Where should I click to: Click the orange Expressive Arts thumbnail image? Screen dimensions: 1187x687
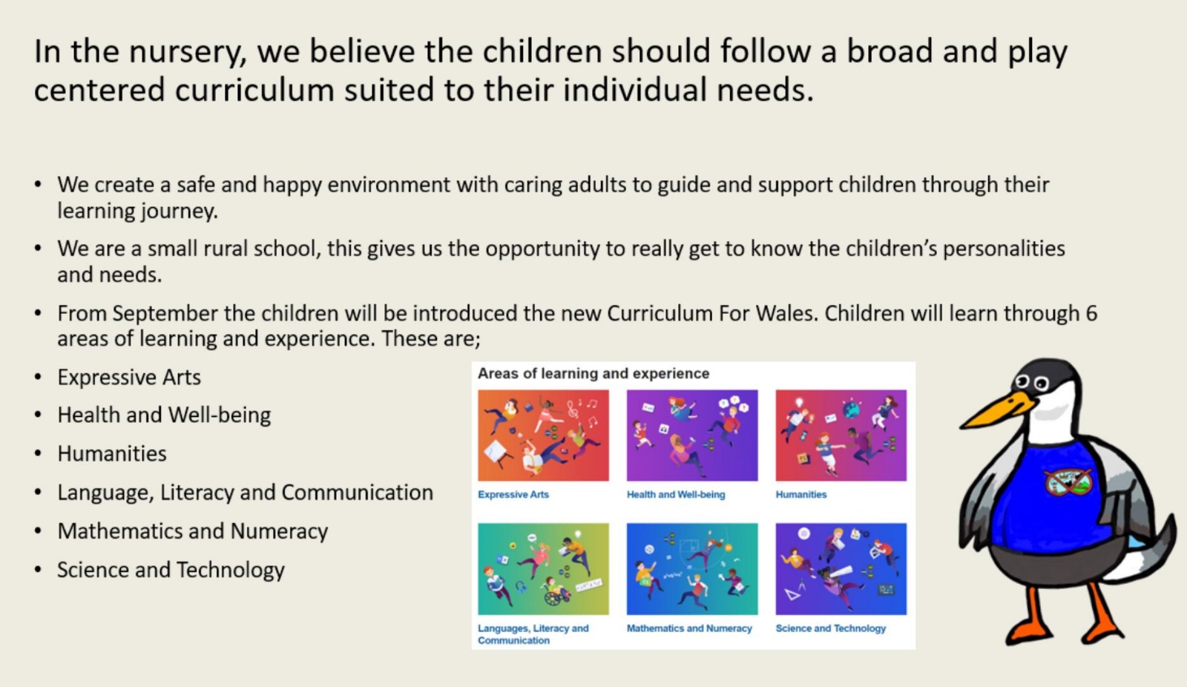pyautogui.click(x=543, y=435)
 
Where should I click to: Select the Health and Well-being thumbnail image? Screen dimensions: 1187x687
pyautogui.click(x=692, y=435)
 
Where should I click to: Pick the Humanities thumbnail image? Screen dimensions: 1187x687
pyautogui.click(x=841, y=435)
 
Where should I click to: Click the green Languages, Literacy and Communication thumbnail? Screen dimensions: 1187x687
pyautogui.click(x=543, y=569)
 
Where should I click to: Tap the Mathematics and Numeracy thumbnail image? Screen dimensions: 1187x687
pyautogui.click(x=692, y=569)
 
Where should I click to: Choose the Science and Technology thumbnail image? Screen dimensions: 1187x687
pyautogui.click(x=841, y=569)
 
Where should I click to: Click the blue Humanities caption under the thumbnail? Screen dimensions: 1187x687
pyautogui.click(x=800, y=494)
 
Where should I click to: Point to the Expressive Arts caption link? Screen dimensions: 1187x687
pyautogui.click(x=513, y=495)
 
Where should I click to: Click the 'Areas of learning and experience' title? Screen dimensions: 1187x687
pyautogui.click(x=593, y=374)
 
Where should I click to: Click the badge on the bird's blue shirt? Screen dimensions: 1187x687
pyautogui.click(x=1068, y=481)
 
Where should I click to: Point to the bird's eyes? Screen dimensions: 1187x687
pyautogui.click(x=1032, y=381)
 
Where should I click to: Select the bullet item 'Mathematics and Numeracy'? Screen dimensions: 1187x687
pyautogui.click(x=192, y=531)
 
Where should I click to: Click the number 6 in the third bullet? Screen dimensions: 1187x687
pyautogui.click(x=1091, y=313)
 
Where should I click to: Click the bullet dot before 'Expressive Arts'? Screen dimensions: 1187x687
pyautogui.click(x=38, y=378)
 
